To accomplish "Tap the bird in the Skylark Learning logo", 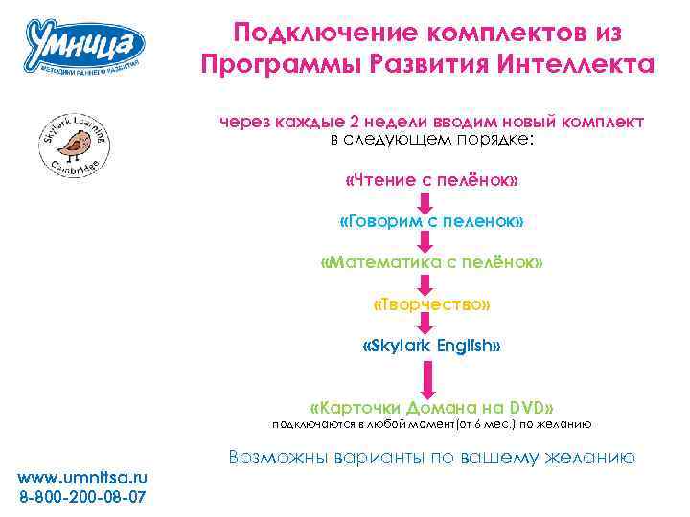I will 73,144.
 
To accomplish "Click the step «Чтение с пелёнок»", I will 431,180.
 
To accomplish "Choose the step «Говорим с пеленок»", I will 431,221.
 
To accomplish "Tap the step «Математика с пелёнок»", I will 431,262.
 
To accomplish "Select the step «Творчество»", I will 431,303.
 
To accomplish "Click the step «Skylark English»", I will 431,345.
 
